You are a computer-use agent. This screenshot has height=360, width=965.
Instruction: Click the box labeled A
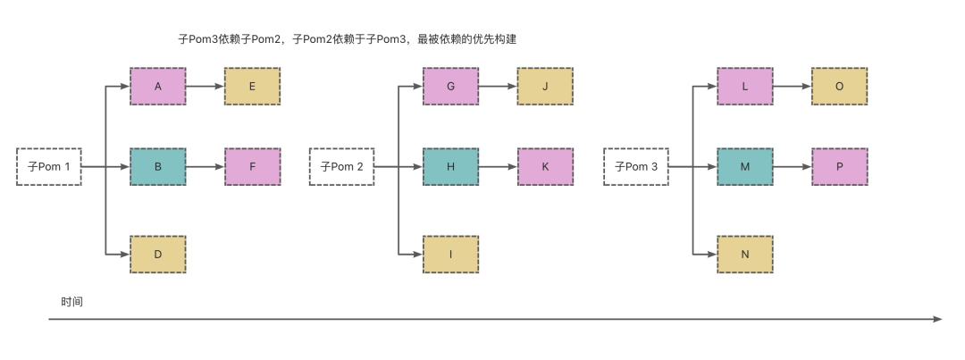pyautogui.click(x=158, y=87)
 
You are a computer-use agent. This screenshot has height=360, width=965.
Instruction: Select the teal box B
pyautogui.click(x=158, y=166)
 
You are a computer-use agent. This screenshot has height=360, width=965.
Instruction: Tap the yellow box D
pyautogui.click(x=158, y=255)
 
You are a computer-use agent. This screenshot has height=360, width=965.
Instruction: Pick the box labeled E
pyautogui.click(x=252, y=87)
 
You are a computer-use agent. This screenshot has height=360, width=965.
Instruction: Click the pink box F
pyautogui.click(x=252, y=166)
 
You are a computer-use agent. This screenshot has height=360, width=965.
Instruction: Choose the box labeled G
pyautogui.click(x=450, y=87)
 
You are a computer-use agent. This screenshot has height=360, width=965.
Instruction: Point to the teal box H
pyautogui.click(x=450, y=166)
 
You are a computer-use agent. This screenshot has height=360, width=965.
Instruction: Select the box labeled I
pyautogui.click(x=450, y=255)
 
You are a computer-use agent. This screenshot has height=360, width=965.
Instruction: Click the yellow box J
pyautogui.click(x=545, y=87)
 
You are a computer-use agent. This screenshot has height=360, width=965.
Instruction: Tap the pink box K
pyautogui.click(x=545, y=166)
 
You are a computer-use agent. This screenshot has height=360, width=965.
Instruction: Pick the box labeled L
pyautogui.click(x=744, y=87)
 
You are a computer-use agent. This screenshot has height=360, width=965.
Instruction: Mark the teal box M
pyautogui.click(x=744, y=166)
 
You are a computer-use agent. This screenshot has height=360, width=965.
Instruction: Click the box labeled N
pyautogui.click(x=744, y=255)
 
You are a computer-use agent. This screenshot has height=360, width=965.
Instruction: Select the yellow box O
pyautogui.click(x=839, y=87)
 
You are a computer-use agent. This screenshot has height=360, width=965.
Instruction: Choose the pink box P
pyautogui.click(x=839, y=166)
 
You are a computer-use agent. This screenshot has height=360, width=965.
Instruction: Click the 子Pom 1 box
pyautogui.click(x=49, y=166)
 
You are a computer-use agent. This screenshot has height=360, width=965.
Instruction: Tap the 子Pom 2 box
pyautogui.click(x=342, y=166)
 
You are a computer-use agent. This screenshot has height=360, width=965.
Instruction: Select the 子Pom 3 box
pyautogui.click(x=636, y=166)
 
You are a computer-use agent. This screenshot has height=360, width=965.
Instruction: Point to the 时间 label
pyautogui.click(x=72, y=302)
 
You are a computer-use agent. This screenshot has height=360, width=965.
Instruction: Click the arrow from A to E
pyautogui.click(x=205, y=87)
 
